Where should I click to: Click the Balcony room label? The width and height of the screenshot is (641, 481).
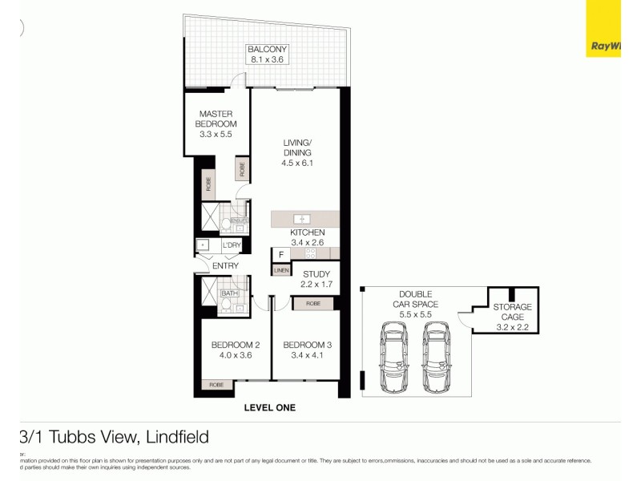[267, 49]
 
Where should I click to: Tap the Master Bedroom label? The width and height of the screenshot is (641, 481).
[216, 119]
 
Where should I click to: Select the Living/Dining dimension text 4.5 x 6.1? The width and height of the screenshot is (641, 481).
[296, 163]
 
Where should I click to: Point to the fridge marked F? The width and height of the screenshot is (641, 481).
[280, 255]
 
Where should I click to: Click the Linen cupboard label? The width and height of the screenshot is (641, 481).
[280, 271]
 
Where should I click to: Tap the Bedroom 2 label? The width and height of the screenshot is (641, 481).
[232, 345]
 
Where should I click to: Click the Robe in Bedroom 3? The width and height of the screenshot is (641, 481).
[313, 304]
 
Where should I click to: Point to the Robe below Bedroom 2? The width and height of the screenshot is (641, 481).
[216, 385]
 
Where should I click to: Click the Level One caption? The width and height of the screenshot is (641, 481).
[269, 408]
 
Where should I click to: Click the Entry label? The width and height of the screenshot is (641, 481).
[225, 266]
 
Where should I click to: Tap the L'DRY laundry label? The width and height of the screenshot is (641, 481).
[232, 245]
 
